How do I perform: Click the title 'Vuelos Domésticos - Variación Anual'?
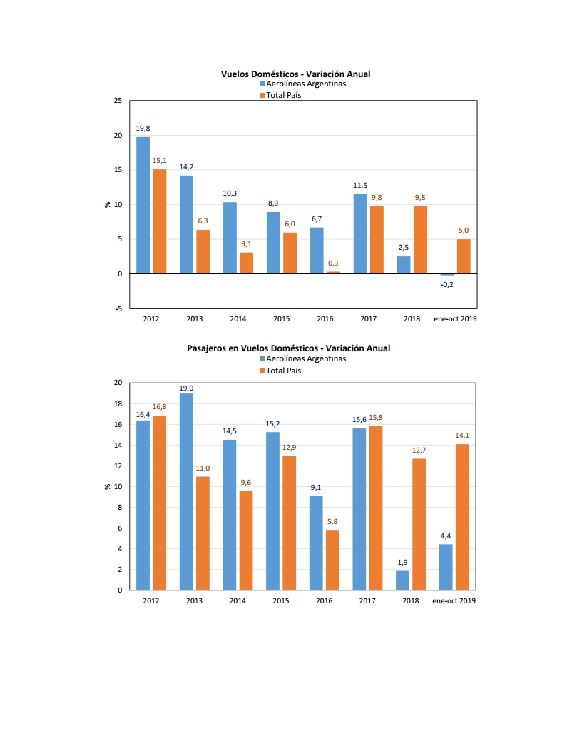[295, 74]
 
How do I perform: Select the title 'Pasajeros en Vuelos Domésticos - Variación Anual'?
[289, 348]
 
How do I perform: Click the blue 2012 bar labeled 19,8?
[143, 206]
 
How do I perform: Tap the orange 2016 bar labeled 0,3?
[333, 273]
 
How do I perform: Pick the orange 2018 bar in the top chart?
[420, 240]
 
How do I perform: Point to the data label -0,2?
[447, 285]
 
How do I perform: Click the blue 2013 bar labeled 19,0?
[186, 492]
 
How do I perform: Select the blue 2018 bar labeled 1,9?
[402, 580]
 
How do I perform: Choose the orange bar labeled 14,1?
[462, 518]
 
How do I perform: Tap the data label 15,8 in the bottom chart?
[376, 418]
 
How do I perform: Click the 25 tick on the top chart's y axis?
[118, 101]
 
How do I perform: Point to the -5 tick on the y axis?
[118, 308]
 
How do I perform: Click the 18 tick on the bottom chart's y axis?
[118, 404]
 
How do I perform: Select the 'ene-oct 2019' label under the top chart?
[455, 319]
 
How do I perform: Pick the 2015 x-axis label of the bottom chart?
[281, 600]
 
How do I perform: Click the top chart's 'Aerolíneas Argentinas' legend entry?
[302, 84]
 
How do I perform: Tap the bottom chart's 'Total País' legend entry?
[280, 371]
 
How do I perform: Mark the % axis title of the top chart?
[107, 204]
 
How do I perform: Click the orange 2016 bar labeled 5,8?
[332, 561]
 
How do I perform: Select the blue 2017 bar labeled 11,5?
[360, 233]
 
